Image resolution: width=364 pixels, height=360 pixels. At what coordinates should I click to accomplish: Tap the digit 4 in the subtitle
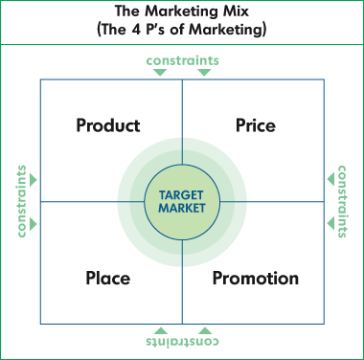136,30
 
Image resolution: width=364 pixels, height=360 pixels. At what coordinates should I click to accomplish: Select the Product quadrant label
108,125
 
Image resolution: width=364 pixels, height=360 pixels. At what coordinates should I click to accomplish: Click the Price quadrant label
256,125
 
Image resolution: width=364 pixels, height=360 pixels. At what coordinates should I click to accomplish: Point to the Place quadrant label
108,278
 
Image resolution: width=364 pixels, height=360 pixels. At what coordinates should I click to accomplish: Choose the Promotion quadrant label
256,278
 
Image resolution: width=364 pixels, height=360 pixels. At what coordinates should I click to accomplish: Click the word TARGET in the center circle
181,195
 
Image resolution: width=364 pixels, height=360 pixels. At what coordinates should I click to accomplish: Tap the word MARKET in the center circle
182,208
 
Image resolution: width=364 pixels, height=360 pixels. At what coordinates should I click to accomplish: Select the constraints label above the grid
183,60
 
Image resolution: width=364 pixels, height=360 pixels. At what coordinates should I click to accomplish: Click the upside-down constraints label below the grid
183,341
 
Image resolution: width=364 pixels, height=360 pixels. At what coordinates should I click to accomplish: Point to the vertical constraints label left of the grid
21,201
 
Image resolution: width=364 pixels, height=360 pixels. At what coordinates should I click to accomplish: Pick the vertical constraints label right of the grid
342,201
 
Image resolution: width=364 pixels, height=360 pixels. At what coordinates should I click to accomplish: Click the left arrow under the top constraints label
160,73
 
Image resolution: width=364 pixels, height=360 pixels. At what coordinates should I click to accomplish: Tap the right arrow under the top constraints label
204,73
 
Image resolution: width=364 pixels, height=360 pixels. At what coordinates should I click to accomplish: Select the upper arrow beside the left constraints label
34,180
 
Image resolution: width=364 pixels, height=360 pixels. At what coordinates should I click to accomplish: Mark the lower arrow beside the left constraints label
34,224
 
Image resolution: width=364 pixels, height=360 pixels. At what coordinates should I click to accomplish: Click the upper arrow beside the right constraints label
330,179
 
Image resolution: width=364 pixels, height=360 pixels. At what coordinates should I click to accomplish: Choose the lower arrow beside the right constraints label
330,223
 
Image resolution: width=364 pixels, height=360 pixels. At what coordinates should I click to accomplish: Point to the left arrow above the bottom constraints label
161,330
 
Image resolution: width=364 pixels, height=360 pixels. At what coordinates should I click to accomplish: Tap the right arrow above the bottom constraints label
205,330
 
